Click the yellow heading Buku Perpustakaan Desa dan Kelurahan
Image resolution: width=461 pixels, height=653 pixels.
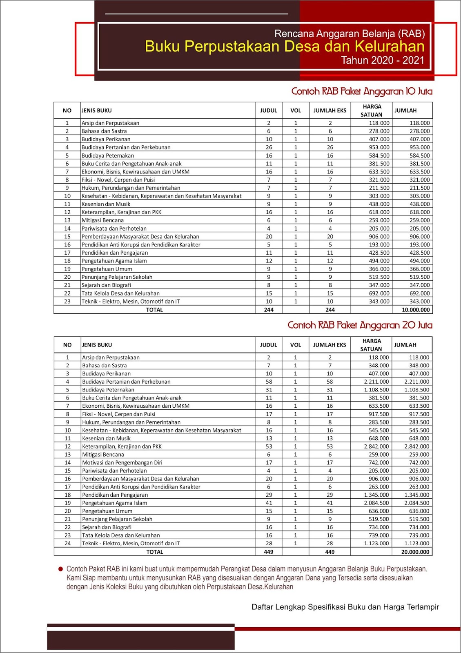pos(285,47)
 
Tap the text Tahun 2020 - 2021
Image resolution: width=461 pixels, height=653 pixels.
pos(383,60)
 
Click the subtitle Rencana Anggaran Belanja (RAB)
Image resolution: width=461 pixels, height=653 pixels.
pos(350,33)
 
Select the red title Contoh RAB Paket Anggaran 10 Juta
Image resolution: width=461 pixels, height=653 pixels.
pos(361,91)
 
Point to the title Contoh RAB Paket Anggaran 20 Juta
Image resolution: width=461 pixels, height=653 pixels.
pos(360,325)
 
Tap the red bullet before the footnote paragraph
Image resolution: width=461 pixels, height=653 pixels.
pos(61,569)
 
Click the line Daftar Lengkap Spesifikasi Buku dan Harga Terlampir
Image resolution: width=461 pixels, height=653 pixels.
pos(345,607)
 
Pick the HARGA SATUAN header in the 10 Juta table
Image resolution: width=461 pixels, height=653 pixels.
pos(372,111)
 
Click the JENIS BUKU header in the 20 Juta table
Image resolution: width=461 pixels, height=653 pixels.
pos(97,345)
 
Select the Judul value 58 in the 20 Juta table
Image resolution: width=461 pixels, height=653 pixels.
pos(269,382)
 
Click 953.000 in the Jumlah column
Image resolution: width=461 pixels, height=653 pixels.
pos(419,147)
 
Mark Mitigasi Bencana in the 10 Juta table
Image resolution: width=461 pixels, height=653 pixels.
pos(102,220)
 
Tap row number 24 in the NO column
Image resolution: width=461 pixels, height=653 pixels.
pos(67,544)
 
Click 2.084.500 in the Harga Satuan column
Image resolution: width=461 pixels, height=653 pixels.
pos(376,503)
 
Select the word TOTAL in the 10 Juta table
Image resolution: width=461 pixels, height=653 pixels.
pos(154,310)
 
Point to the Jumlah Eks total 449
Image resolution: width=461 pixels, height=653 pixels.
pos(330,552)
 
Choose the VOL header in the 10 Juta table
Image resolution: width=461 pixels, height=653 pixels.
pos(296,111)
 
